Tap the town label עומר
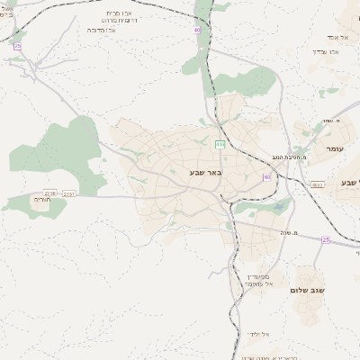pos(335,148)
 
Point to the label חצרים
pos(55,201)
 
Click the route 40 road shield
pos(197,30)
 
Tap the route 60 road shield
pos(266,177)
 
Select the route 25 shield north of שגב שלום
pos(326,239)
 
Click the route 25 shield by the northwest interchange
pos(17,45)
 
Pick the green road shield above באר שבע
pos(220,144)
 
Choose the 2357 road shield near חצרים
pos(69,193)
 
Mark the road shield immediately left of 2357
pos(49,193)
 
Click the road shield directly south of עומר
pos(317,184)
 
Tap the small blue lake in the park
pos(278,209)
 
